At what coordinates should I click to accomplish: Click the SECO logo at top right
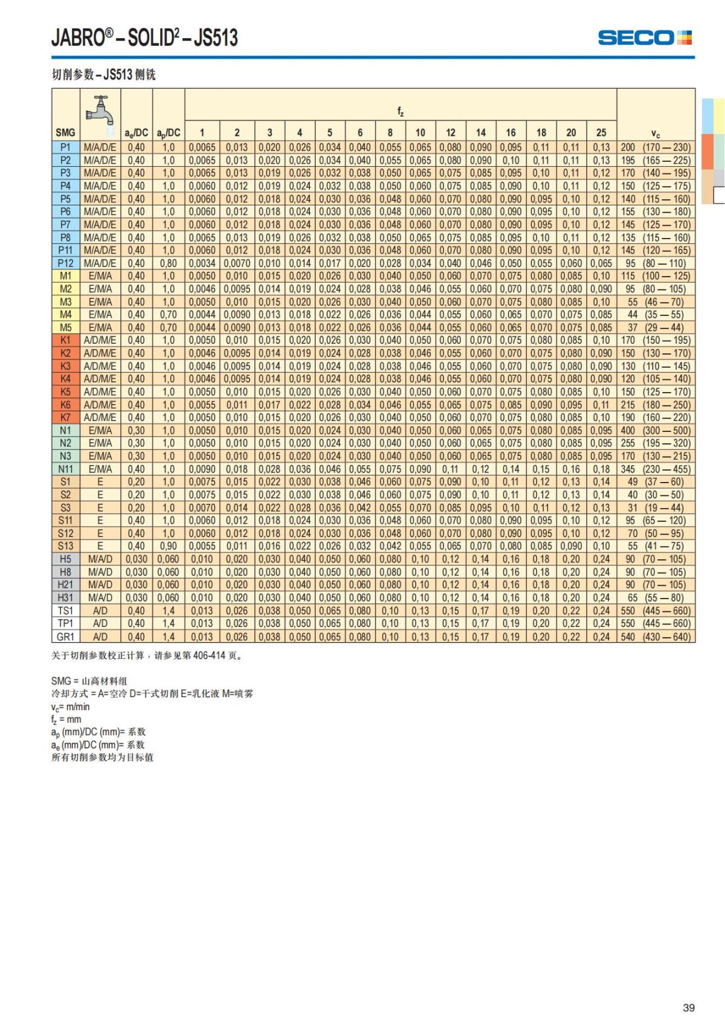(x=645, y=38)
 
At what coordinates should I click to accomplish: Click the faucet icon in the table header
(x=100, y=112)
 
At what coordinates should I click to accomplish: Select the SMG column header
(x=65, y=132)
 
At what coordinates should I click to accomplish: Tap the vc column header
(x=656, y=132)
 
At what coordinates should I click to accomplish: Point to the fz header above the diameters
(x=401, y=111)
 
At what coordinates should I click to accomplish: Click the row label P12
(x=65, y=263)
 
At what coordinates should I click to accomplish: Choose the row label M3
(x=65, y=302)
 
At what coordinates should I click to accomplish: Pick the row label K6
(x=65, y=405)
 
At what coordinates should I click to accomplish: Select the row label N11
(x=65, y=469)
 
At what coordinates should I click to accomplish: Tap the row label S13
(x=65, y=546)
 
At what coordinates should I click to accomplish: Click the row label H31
(x=65, y=598)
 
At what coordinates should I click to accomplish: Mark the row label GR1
(x=65, y=637)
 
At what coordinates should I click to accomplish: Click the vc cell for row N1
(x=656, y=431)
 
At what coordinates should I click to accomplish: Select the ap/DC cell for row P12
(x=169, y=263)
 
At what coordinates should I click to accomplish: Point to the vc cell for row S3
(x=656, y=508)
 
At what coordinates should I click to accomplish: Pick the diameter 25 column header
(x=601, y=132)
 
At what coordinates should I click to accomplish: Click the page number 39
(x=689, y=1007)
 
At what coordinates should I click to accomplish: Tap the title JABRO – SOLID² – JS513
(x=144, y=38)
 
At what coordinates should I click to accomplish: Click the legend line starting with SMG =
(x=89, y=681)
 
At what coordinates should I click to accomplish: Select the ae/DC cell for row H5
(x=137, y=559)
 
